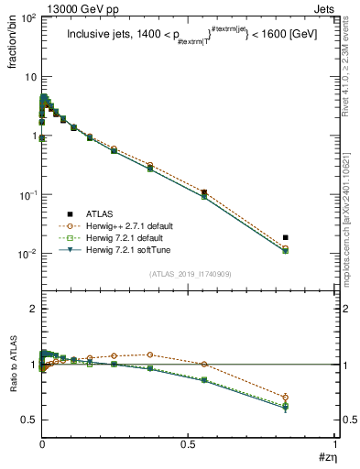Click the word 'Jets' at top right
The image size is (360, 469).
[x=324, y=8]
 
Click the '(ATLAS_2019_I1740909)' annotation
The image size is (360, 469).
[x=189, y=274]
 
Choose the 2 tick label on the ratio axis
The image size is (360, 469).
[x=32, y=310]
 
